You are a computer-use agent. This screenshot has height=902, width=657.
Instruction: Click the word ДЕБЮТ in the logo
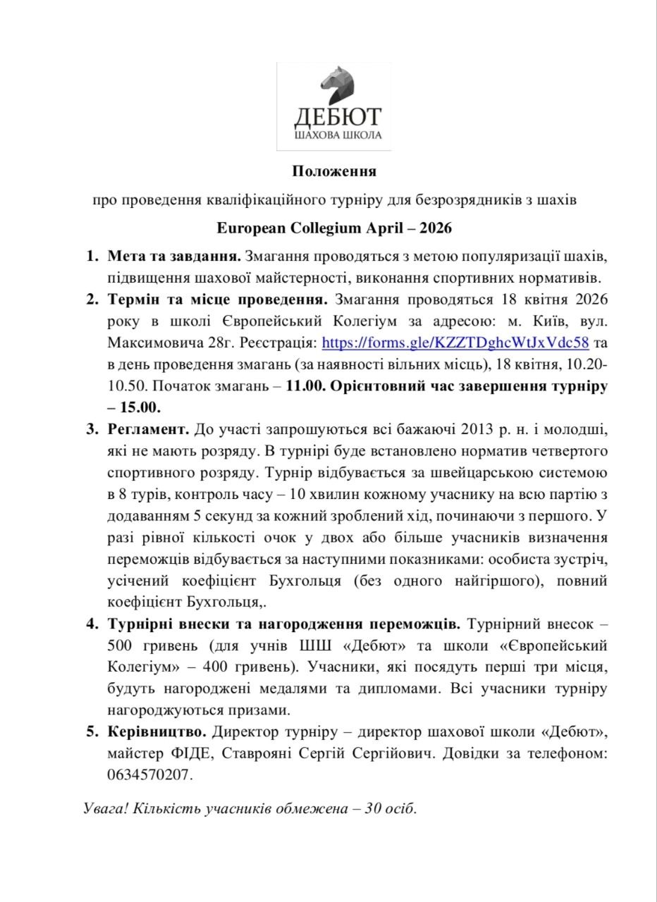(337, 116)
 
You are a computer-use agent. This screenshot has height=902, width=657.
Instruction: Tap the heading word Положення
(334, 171)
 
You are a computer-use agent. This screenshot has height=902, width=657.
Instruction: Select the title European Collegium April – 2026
(334, 229)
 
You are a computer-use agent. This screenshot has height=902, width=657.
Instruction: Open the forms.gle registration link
(455, 343)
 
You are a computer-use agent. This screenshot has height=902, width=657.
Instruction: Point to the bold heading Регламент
(149, 429)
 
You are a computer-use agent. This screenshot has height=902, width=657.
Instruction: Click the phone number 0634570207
(150, 774)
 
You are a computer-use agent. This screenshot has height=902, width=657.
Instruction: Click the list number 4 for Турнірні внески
(92, 624)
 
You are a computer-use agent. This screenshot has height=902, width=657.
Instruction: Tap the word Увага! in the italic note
(106, 808)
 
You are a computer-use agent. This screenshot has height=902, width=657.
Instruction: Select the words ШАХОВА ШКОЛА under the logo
(337, 135)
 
